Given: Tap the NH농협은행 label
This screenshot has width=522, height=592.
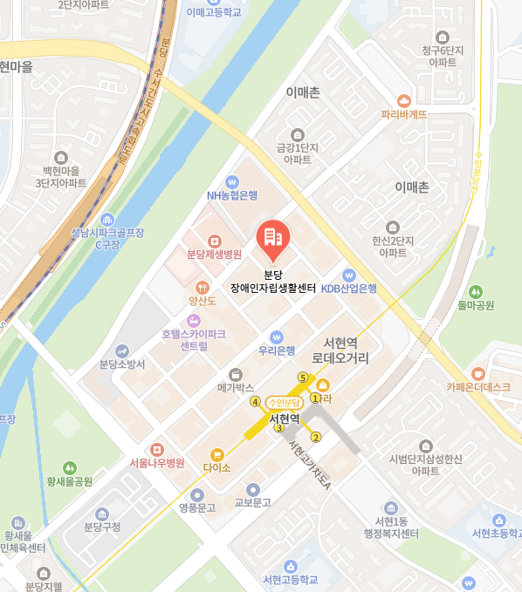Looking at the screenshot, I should [x=231, y=194].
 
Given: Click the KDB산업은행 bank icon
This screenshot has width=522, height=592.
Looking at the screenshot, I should [x=348, y=275].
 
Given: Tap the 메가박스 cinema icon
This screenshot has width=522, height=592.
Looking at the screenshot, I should [x=234, y=373].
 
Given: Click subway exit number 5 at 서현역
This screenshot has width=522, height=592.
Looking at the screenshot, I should [x=303, y=378].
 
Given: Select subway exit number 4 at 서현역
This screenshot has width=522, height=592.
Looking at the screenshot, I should [x=256, y=402].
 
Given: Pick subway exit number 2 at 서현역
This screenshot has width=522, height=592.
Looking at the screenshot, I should [x=316, y=438].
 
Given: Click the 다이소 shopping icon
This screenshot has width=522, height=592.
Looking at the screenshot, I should [x=216, y=454].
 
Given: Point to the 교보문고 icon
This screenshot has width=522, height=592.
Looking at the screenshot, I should [x=253, y=489].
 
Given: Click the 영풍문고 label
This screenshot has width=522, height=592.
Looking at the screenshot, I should [x=196, y=507].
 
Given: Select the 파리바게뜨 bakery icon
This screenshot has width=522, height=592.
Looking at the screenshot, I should [x=403, y=101].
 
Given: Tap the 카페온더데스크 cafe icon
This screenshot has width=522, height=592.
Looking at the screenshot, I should [x=477, y=373].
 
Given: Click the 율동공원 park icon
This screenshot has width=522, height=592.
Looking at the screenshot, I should [x=476, y=291].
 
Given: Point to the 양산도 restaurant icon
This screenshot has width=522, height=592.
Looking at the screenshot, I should [x=203, y=287].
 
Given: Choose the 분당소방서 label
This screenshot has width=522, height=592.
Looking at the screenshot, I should [x=122, y=364].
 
